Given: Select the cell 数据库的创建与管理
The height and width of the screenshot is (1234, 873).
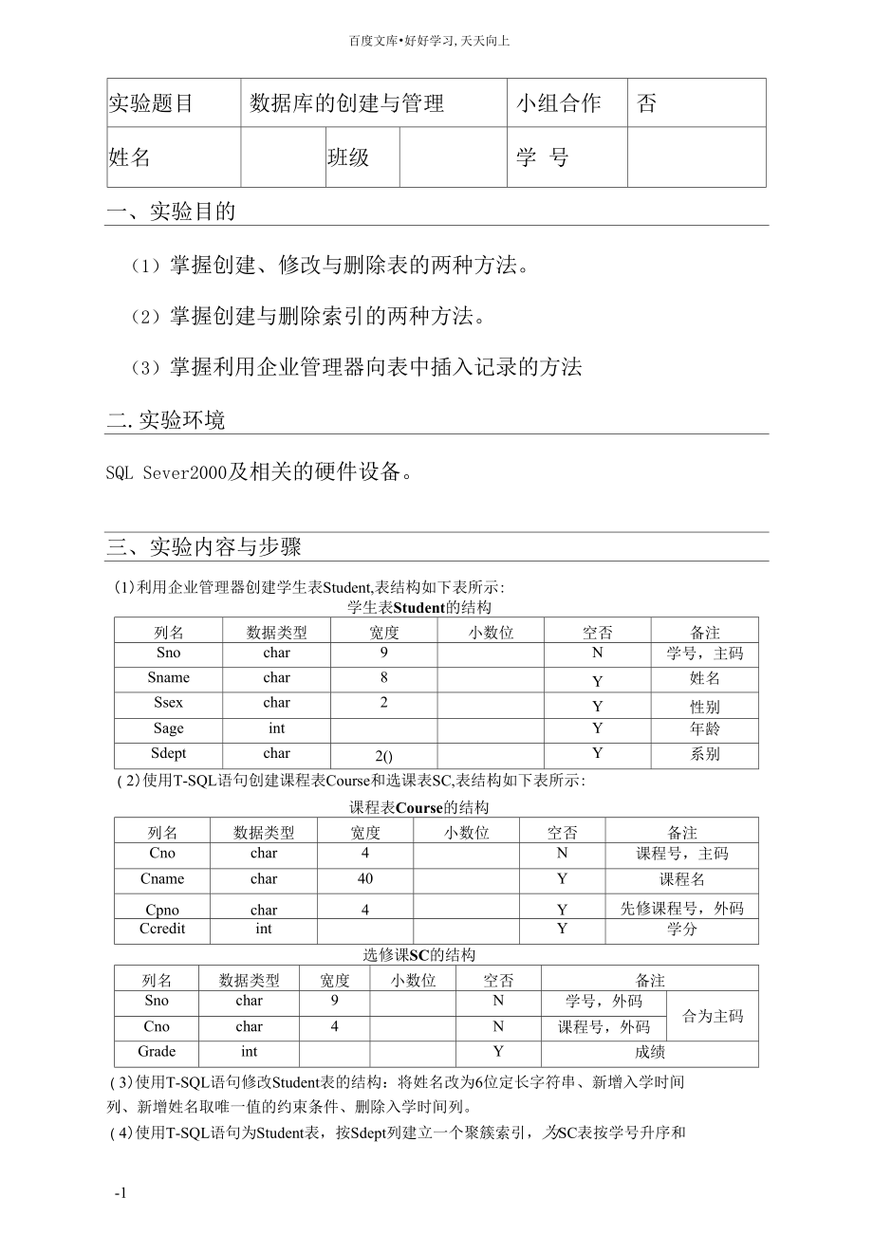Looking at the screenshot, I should click(x=346, y=103).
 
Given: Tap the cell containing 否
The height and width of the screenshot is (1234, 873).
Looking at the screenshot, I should click(x=647, y=103).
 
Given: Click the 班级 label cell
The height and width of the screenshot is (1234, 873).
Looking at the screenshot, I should click(x=348, y=157).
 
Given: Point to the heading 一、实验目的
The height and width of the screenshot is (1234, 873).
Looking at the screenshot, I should click(x=172, y=212).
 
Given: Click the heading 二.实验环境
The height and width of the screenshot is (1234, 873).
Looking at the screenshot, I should click(x=166, y=420).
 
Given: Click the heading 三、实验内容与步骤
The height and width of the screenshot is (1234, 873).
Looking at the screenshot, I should click(x=204, y=546).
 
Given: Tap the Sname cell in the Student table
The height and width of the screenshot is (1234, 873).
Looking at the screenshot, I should click(x=168, y=677).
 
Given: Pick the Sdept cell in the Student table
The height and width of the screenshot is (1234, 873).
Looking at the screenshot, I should click(x=168, y=753).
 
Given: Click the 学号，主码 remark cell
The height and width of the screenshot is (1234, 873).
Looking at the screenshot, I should click(x=704, y=654).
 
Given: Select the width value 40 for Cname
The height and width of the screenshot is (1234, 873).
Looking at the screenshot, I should click(x=365, y=878).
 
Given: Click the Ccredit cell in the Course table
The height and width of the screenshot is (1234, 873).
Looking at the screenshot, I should click(x=162, y=929).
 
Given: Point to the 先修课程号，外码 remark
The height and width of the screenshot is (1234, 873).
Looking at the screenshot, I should click(x=681, y=908).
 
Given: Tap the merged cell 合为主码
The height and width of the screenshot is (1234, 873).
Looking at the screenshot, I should click(x=713, y=1016).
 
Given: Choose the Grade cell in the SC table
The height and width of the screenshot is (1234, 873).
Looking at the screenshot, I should click(x=157, y=1051).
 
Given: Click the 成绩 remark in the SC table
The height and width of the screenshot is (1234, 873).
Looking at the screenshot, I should click(x=650, y=1052).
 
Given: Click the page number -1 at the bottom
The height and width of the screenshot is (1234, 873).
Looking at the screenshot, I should click(x=121, y=1193).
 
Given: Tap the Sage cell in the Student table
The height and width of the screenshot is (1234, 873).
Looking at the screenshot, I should click(x=168, y=728).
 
